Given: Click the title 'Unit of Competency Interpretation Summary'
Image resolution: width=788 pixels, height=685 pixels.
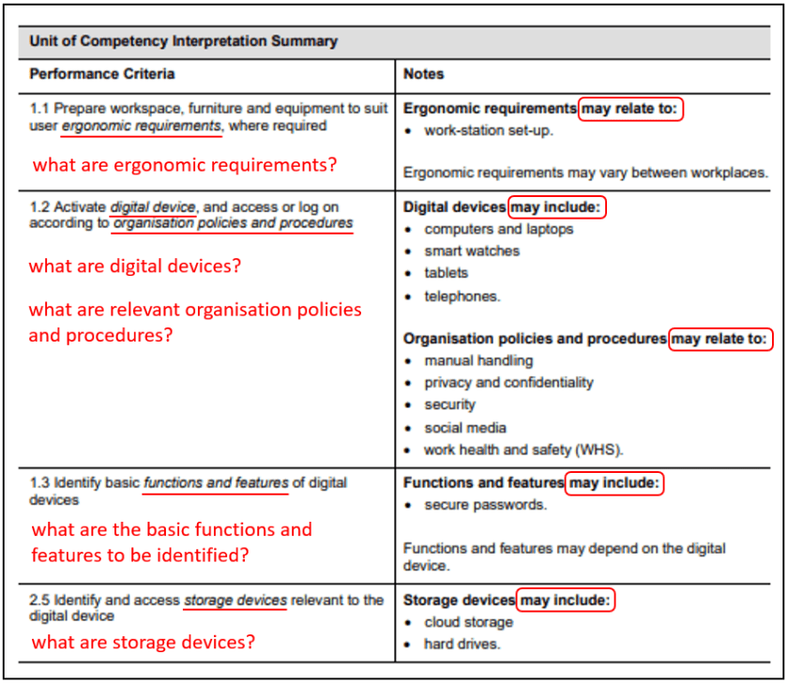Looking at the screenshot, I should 183,41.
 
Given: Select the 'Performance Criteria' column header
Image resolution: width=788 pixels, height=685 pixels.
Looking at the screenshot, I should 101,74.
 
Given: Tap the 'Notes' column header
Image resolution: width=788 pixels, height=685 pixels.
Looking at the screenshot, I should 423,74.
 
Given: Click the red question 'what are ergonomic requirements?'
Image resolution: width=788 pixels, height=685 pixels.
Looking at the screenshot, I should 185,165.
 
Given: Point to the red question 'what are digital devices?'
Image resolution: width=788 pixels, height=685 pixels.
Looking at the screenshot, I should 135,266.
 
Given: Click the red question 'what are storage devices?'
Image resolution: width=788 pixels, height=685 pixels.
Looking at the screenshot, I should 144,643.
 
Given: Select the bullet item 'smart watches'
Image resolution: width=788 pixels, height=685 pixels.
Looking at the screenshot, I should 471,251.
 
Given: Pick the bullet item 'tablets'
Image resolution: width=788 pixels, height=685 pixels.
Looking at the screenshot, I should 446,273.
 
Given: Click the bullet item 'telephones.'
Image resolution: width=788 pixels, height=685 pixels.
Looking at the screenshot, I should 462,296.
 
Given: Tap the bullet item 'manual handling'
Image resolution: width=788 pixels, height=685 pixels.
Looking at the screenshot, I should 478,360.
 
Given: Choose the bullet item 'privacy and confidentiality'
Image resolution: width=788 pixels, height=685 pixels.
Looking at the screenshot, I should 508,383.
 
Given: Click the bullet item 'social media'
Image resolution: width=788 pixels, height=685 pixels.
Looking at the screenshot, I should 465,427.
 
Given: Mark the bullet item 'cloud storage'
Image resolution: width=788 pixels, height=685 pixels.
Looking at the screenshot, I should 468,622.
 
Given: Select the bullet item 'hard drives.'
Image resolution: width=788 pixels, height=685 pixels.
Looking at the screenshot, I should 462,644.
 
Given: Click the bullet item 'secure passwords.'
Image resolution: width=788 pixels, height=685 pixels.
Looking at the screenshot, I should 485,505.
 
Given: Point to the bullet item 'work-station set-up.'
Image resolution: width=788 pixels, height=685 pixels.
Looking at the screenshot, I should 489,130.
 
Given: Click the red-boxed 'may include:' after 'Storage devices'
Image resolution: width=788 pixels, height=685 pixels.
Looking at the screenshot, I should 567,600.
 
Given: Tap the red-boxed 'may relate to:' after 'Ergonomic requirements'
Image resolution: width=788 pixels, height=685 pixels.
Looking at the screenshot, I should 629,109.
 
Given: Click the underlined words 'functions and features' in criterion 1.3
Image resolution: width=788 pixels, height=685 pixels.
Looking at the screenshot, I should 216,482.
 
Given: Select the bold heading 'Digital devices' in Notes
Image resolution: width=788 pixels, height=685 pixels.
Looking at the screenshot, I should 455,206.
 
